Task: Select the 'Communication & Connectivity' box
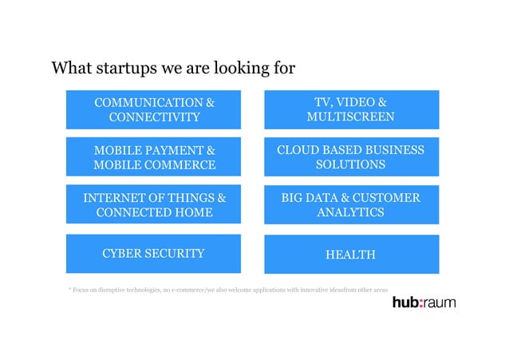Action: coord(154,110)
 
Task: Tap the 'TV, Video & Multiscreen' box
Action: coord(351,110)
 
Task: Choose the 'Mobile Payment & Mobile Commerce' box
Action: coord(154,157)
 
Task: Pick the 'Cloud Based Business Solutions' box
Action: coord(351,157)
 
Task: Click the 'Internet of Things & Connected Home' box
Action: coord(154,205)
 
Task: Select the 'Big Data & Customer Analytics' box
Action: coord(351,205)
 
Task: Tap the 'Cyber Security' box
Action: coord(154,254)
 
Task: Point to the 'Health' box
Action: coord(351,254)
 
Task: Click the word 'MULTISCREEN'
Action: coord(351,118)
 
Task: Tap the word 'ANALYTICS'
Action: coord(351,213)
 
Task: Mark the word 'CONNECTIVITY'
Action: coord(154,118)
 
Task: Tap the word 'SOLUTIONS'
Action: coord(351,165)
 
